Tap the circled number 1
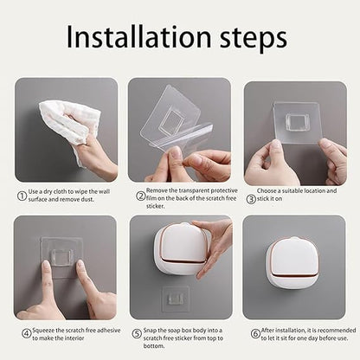coord(22,196)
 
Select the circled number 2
coord(139,196)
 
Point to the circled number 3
coord(252,198)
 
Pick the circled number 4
coord(25,332)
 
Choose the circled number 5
coord(138,332)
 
